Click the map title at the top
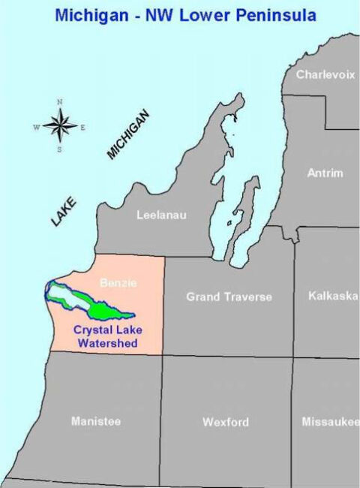coord(180,15)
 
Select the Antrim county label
coord(325,173)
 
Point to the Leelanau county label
coord(161,215)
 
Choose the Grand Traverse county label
coord(229,297)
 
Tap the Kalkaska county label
coord(332,296)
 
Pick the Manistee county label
coord(96,421)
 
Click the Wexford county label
coord(225,423)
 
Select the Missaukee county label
coord(330,422)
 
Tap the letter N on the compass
coord(60,102)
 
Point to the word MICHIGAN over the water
coord(128,135)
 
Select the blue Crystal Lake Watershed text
coord(106,336)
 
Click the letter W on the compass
coord(36,127)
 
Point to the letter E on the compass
coord(82,127)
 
